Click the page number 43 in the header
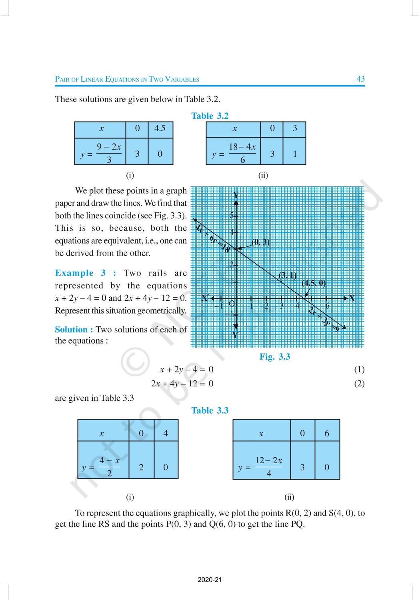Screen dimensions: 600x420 pos(360,79)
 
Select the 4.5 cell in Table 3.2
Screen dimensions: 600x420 pos(160,128)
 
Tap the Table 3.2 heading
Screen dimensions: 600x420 pos(210,116)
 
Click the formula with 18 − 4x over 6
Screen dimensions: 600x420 pos(234,153)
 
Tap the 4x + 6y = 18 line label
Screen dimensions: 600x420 pos(212,238)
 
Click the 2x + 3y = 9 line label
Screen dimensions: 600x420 pos(325,319)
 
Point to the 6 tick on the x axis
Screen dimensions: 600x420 pos(327,306)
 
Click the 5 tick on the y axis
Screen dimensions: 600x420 pos(232,215)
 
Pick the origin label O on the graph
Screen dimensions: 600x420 pos(232,304)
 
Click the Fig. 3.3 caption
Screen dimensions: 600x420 pos(275,357)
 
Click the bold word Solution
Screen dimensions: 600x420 pos(74,330)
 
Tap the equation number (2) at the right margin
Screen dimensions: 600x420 pos(359,384)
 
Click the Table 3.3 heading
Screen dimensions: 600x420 pos(210,410)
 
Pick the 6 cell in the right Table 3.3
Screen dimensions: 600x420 pos(327,434)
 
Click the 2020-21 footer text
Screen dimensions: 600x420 pos(210,580)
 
